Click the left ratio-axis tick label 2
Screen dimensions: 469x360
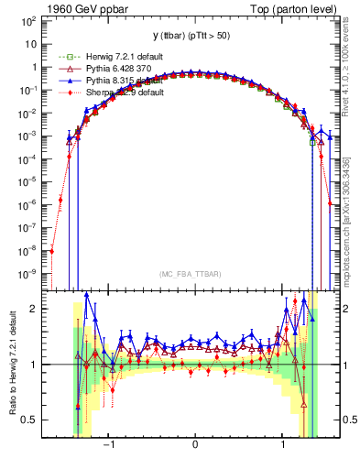pos(39,309)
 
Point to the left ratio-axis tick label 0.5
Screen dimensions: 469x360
pos(35,420)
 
